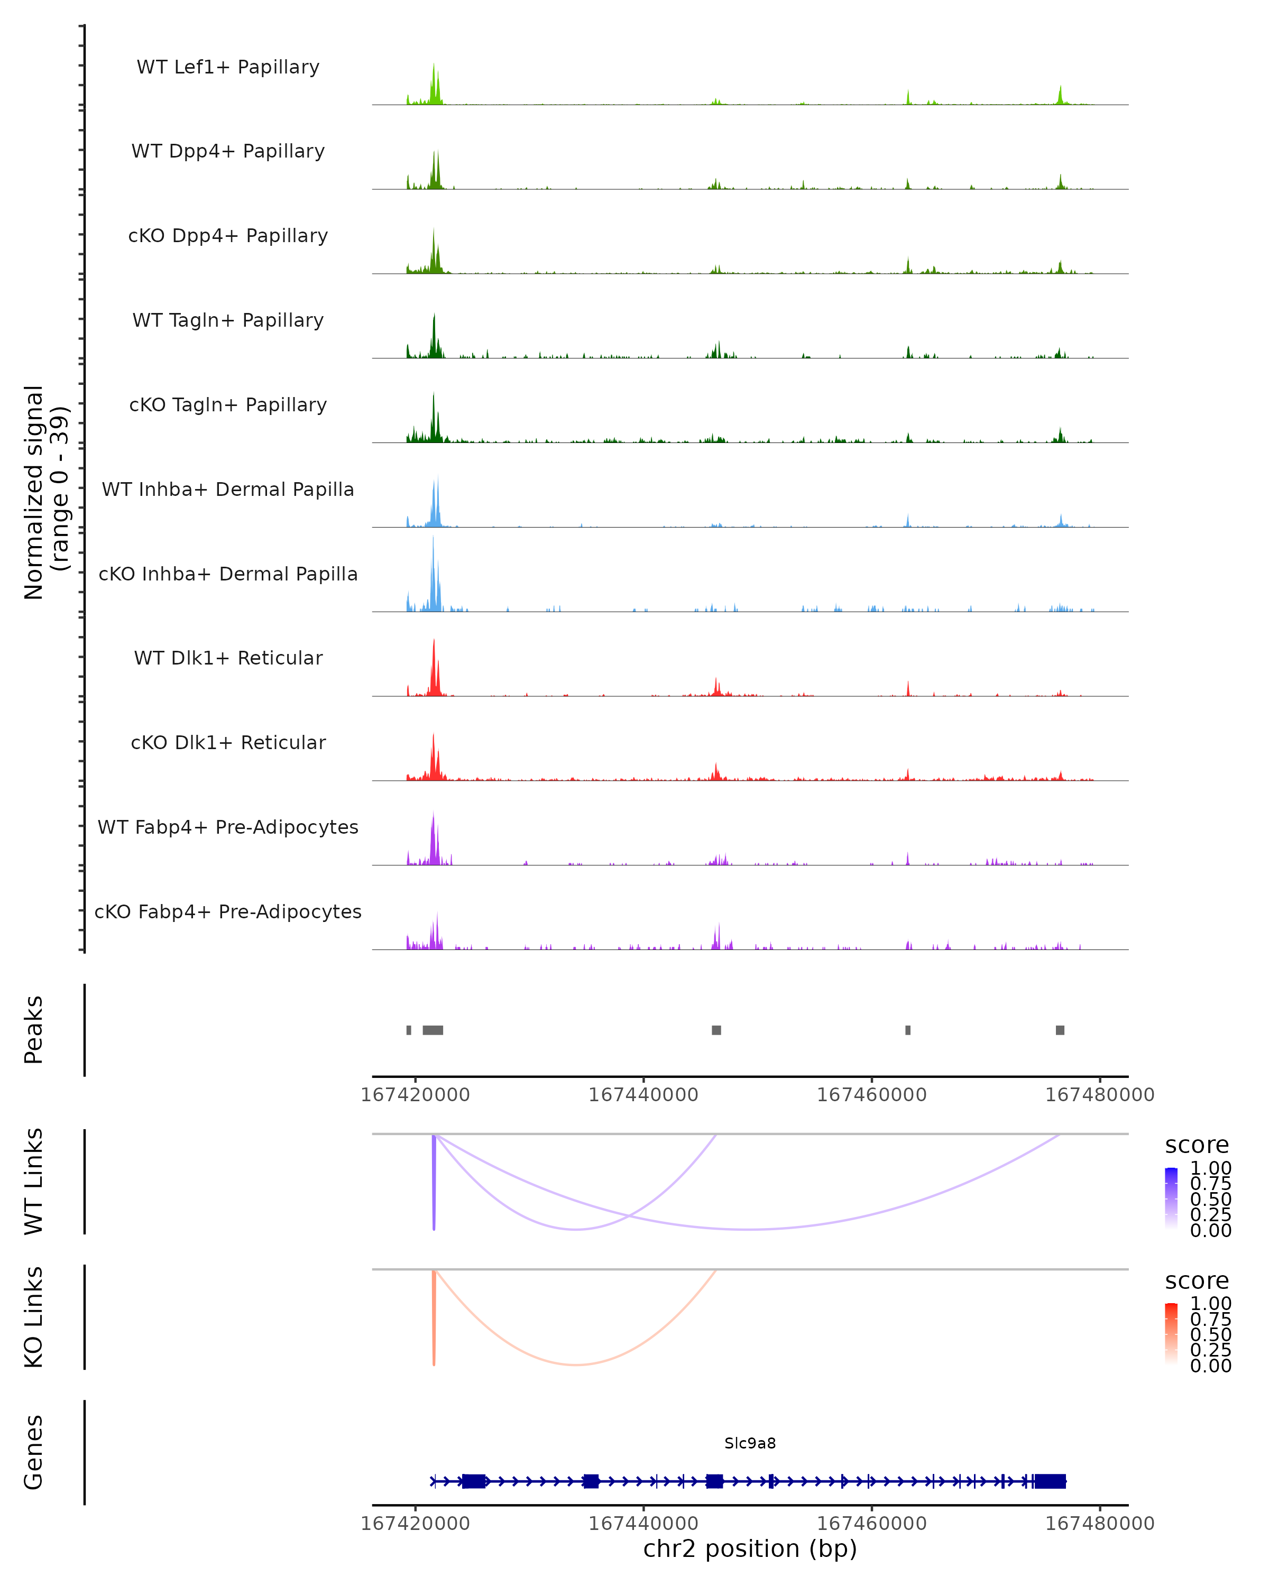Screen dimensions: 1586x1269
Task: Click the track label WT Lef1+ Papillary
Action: [x=228, y=67]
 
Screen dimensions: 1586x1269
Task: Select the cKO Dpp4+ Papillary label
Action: [x=228, y=236]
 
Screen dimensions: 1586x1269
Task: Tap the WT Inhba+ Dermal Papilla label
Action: [x=228, y=490]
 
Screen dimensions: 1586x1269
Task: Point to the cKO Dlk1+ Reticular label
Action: [x=228, y=743]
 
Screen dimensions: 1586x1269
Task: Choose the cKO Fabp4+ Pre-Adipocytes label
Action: [x=228, y=912]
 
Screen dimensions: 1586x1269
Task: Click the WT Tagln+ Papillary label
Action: [x=228, y=321]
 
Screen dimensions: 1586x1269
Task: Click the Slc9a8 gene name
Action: [x=750, y=1443]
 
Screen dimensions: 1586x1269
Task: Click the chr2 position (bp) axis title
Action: [x=750, y=1549]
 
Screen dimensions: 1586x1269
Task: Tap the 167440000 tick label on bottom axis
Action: [x=643, y=1523]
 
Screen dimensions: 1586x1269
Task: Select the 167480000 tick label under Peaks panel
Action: [x=1100, y=1095]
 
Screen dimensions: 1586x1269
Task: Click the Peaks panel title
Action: [x=34, y=1030]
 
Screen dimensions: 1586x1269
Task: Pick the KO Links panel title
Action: [x=34, y=1317]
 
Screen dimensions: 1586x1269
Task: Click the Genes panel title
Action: [x=34, y=1452]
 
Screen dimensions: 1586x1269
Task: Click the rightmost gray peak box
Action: [x=1060, y=1030]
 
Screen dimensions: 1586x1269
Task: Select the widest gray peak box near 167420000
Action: [x=433, y=1030]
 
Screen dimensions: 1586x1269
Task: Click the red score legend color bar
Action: [x=1171, y=1334]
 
